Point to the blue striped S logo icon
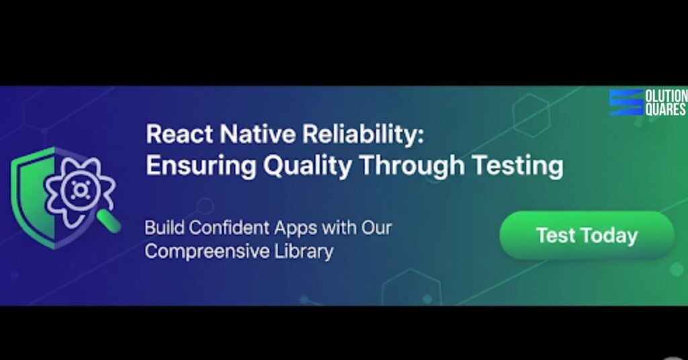pyautogui.click(x=626, y=103)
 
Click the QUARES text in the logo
pyautogui.click(x=665, y=109)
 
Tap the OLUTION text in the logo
pyautogui.click(x=666, y=97)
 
